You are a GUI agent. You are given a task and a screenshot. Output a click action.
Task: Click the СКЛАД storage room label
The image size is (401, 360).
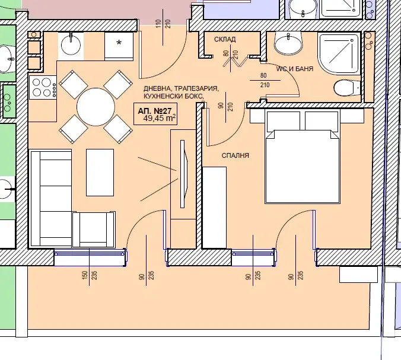pyautogui.click(x=225, y=39)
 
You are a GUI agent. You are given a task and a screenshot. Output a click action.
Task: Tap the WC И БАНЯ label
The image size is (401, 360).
pyautogui.click(x=295, y=69)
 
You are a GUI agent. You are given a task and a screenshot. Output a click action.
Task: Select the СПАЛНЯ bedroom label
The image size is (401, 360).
pyautogui.click(x=235, y=155)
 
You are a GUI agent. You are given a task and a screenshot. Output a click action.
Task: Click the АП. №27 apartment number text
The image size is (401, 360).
pyautogui.click(x=154, y=111)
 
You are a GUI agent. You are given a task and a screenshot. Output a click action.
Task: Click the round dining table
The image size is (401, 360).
pyautogui.click(x=96, y=107)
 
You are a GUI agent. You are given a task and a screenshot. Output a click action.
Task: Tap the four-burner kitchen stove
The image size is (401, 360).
pyautogui.click(x=43, y=87)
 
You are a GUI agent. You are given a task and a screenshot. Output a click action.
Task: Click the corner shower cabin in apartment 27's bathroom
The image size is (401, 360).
pyautogui.click(x=339, y=54)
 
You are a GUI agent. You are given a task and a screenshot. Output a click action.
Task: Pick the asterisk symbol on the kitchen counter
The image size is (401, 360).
pyautogui.click(x=119, y=43)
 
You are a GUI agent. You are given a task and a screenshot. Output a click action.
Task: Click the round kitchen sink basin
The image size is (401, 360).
pyautogui.click(x=71, y=45)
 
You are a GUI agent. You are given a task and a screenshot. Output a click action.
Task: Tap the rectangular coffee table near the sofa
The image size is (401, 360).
pyautogui.click(x=100, y=173)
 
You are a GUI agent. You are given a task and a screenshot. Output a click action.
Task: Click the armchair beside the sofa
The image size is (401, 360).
pyautogui.click(x=94, y=230)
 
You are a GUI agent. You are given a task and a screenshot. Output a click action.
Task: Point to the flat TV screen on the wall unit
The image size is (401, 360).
pyautogui.click(x=184, y=174)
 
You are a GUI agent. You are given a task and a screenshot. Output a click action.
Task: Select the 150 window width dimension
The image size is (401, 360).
pyautogui.click(x=85, y=275)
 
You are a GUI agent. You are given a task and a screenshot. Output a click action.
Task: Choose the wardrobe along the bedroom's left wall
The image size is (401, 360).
pyautogui.click(x=214, y=208)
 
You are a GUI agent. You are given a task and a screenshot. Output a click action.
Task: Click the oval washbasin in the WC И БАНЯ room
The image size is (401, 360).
pyautogui.click(x=288, y=44)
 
